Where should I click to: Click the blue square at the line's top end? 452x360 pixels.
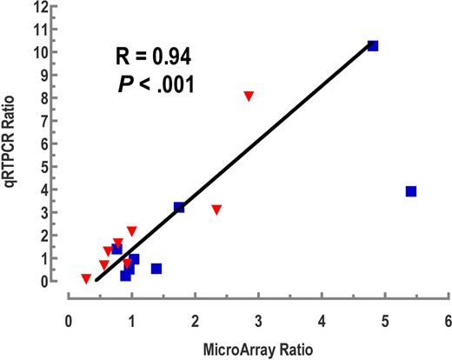[373, 45]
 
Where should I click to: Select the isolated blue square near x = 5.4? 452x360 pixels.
[411, 191]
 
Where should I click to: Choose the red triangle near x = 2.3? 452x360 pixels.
[216, 210]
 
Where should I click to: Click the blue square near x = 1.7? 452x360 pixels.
[179, 207]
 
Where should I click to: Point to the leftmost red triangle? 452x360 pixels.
[86, 279]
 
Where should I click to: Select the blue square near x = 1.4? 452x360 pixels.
[156, 269]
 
